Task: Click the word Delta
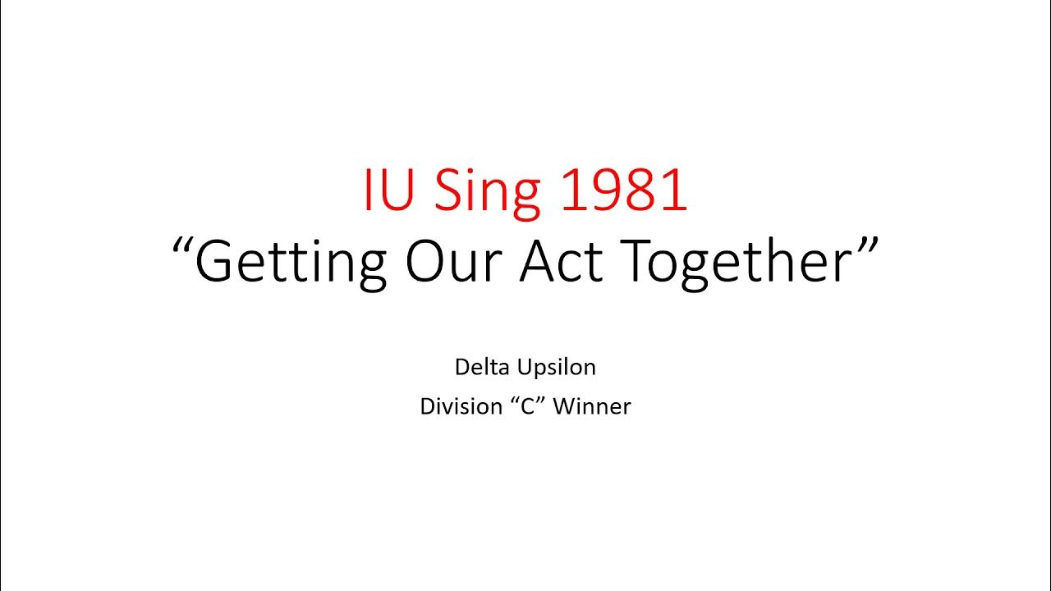pos(479,367)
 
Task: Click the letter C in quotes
pos(523,405)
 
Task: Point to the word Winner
pos(591,405)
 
